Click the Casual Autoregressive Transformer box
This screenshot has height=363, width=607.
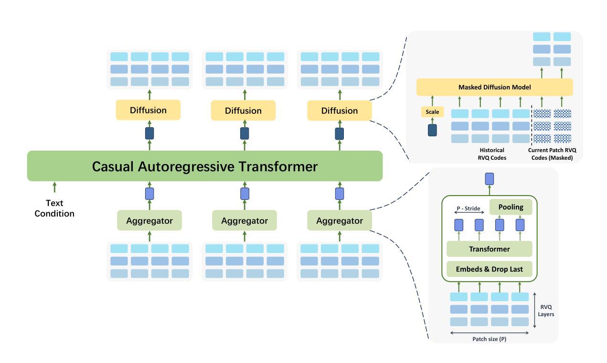[205, 166]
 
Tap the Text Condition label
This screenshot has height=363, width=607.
[54, 209]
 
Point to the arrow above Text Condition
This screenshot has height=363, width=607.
[54, 187]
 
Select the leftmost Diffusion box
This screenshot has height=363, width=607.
[148, 110]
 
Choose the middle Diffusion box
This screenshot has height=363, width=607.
[243, 110]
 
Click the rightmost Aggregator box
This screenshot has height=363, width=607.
[340, 220]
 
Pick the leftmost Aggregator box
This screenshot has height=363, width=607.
[149, 220]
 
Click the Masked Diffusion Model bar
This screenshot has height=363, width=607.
[495, 87]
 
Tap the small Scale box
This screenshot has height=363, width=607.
[432, 112]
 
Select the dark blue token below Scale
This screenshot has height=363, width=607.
[432, 130]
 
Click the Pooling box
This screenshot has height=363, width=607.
[511, 207]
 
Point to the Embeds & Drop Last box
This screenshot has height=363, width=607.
[490, 269]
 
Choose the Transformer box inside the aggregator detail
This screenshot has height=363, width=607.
[490, 249]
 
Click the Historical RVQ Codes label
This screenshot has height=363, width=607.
[492, 154]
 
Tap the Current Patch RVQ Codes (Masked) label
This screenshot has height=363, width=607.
[552, 154]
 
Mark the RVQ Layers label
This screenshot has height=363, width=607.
[546, 311]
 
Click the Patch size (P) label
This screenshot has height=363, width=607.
[490, 339]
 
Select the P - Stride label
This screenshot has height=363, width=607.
[468, 209]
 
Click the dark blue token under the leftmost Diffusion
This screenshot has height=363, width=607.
[149, 133]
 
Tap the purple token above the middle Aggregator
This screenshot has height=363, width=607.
[245, 194]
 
